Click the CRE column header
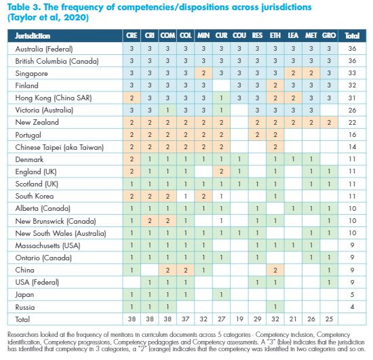click(132, 36)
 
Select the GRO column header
click(329, 36)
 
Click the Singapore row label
click(31, 73)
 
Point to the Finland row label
click(26, 85)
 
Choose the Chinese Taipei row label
click(59, 147)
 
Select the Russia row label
click(24, 307)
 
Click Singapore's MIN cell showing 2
click(203, 73)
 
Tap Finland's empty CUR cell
click(221, 85)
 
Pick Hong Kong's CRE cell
click(132, 98)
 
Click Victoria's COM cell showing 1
click(168, 110)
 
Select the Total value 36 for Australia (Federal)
click(352, 49)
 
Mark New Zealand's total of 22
click(352, 123)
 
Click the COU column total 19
click(239, 319)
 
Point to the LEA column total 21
click(293, 319)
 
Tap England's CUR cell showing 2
click(221, 172)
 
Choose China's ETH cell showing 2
click(275, 270)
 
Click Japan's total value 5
click(352, 295)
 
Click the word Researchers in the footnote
click(23, 334)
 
